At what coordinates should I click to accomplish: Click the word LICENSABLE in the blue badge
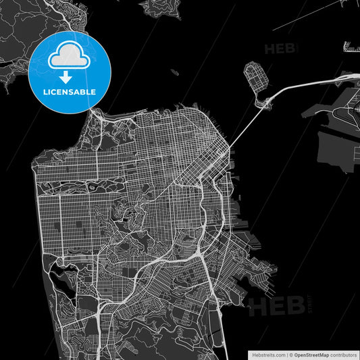[x=70, y=91]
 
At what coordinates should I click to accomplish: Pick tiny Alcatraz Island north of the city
[x=174, y=72]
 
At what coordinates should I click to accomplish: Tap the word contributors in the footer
[x=344, y=354]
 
